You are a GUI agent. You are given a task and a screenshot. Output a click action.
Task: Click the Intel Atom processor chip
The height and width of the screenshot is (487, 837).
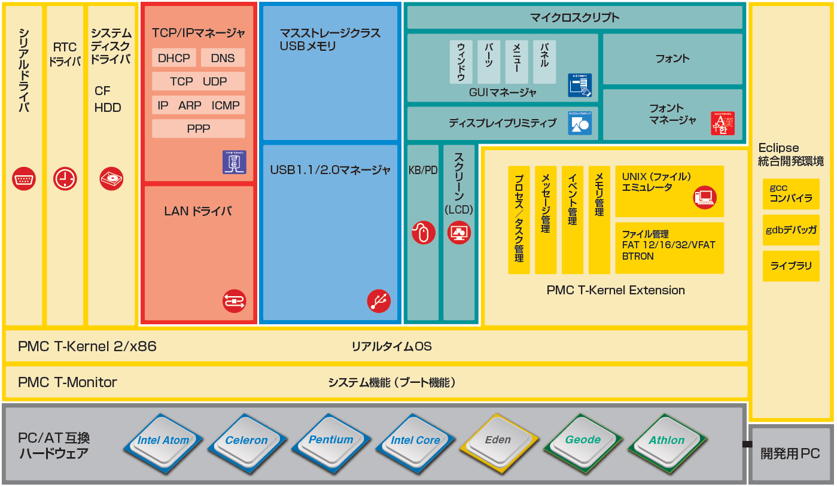[x=163, y=440]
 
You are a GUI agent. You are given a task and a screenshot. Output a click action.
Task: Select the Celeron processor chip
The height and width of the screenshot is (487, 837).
[x=246, y=440]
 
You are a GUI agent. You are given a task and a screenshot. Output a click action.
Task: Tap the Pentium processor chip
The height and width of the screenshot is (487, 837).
[x=331, y=440]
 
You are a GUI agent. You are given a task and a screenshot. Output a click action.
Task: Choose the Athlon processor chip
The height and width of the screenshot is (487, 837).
[x=666, y=440]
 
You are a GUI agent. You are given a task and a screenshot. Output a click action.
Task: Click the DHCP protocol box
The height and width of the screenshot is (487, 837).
[x=174, y=58]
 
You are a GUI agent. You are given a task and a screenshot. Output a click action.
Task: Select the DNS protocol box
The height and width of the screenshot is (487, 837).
[x=223, y=58]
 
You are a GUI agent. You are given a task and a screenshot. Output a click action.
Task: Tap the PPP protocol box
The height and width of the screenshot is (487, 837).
[x=199, y=129]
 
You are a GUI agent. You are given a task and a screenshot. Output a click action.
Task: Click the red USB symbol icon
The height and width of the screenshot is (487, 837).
[x=379, y=301]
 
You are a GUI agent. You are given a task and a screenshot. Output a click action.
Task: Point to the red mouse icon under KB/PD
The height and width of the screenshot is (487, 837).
[x=424, y=232]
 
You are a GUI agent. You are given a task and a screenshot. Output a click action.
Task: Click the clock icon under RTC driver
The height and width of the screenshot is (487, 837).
[x=65, y=179]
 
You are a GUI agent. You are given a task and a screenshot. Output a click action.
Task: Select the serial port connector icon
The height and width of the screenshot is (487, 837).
[x=24, y=179]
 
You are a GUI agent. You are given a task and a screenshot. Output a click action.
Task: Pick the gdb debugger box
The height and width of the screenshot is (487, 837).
[x=791, y=230]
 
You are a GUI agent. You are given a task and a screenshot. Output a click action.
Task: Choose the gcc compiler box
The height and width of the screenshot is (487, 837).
[x=791, y=194]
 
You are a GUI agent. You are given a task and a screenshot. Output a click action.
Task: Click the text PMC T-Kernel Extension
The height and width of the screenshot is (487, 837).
[x=616, y=290]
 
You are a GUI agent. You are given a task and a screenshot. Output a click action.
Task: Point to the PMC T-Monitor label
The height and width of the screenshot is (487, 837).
[x=68, y=382]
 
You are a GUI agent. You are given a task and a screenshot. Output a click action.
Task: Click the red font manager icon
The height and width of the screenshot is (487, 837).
[x=722, y=123]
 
